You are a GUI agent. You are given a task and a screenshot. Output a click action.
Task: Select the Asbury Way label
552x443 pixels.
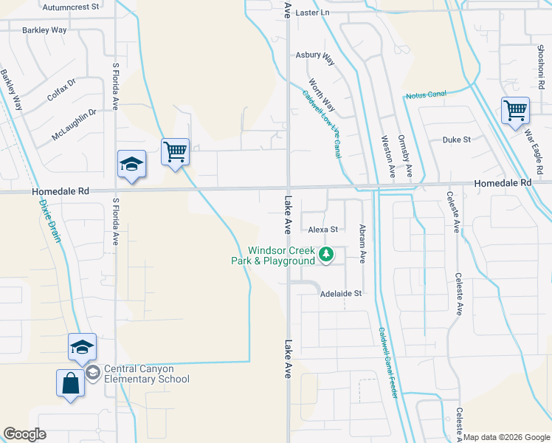click(315, 55)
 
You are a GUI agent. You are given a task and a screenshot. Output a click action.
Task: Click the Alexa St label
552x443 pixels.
click(322, 230)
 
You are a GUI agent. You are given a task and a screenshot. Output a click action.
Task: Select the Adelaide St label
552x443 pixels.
click(341, 293)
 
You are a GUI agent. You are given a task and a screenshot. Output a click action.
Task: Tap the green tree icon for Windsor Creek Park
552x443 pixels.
click(326, 255)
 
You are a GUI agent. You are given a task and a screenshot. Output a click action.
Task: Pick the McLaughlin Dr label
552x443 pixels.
click(75, 125)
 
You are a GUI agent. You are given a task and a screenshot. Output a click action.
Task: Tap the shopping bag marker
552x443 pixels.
click(70, 383)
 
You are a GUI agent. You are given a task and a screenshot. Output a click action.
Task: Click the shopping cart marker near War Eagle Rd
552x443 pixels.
click(515, 111)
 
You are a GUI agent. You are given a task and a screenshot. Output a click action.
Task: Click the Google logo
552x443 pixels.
click(25, 433)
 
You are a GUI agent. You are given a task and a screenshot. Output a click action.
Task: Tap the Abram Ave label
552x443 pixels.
click(362, 244)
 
